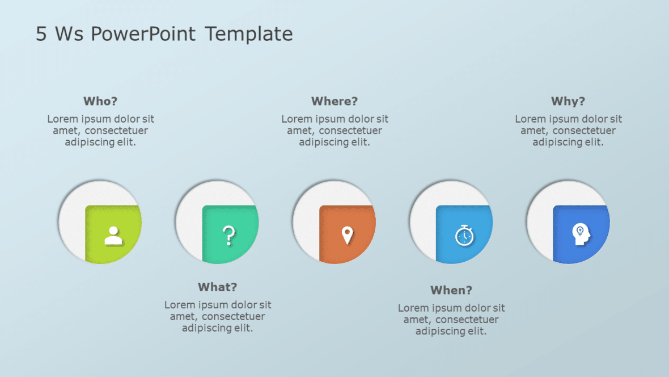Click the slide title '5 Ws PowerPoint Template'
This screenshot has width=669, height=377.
click(164, 35)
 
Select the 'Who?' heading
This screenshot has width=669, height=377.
click(100, 102)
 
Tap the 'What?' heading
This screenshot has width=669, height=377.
click(217, 287)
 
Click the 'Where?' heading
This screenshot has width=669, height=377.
click(334, 102)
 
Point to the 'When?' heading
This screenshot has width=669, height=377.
click(451, 291)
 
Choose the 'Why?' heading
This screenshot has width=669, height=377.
click(568, 102)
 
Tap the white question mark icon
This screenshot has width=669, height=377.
click(228, 235)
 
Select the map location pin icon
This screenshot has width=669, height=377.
click(347, 235)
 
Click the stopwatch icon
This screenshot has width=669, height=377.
click(464, 235)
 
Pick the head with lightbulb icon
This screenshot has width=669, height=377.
click(581, 234)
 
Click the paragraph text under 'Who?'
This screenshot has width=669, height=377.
click(100, 131)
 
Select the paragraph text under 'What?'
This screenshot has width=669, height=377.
click(218, 317)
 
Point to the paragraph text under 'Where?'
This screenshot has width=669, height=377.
click(334, 131)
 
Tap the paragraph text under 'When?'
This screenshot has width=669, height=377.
click(451, 320)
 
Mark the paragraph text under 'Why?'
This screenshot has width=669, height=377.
click(568, 131)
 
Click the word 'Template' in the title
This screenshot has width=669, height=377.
click(249, 35)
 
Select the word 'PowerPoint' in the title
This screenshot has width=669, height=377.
click(143, 35)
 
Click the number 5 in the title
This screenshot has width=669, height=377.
click(41, 35)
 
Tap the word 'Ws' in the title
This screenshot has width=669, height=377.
click(69, 35)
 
